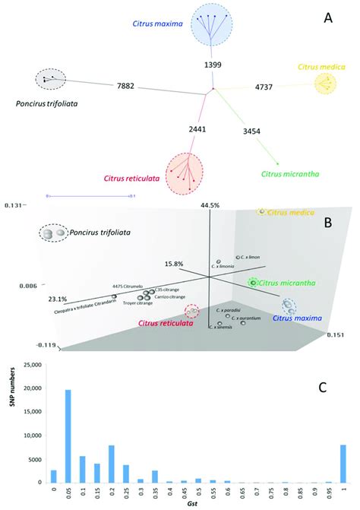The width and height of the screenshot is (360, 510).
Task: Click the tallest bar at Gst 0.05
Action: click(x=68, y=435)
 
